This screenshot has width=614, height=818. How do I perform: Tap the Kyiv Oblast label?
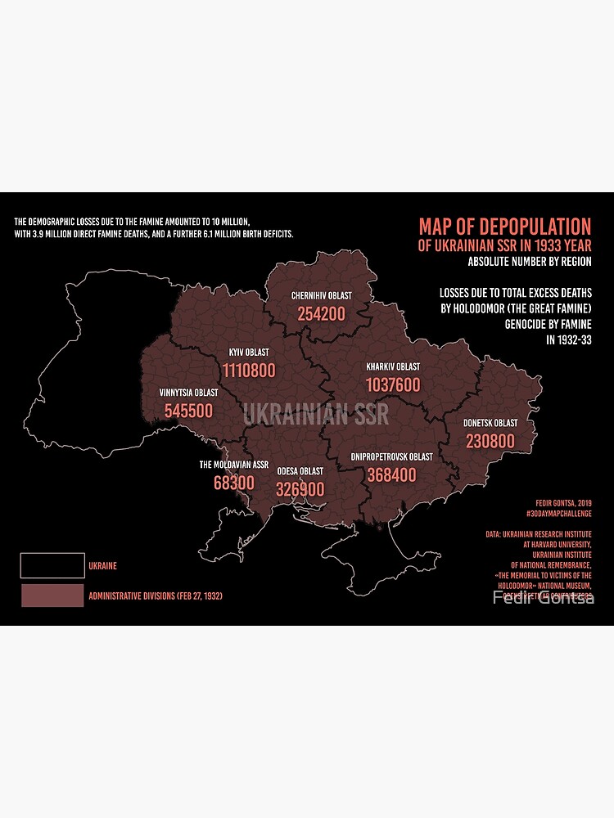pos(248,353)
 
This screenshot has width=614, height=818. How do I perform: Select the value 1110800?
pos(248,371)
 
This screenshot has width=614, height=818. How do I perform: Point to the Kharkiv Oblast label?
pos(393,366)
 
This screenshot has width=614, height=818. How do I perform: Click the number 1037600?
pos(393,384)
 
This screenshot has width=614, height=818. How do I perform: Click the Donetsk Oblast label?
pos(490,423)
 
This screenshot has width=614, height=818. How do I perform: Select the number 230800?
pos(490,442)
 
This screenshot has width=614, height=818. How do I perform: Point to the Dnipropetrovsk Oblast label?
pos(391,456)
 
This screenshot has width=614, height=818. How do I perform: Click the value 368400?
pos(391,474)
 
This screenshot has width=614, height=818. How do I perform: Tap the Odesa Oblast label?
pos(300,471)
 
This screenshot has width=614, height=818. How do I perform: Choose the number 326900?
pos(300,489)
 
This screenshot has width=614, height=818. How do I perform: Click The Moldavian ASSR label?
pos(234,465)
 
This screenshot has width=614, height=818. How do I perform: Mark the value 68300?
pos(234,483)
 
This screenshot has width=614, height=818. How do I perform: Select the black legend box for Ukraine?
pos(52,564)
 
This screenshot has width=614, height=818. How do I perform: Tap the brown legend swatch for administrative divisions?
pos(52,596)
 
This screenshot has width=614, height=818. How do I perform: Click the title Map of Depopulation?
pos(504,227)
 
